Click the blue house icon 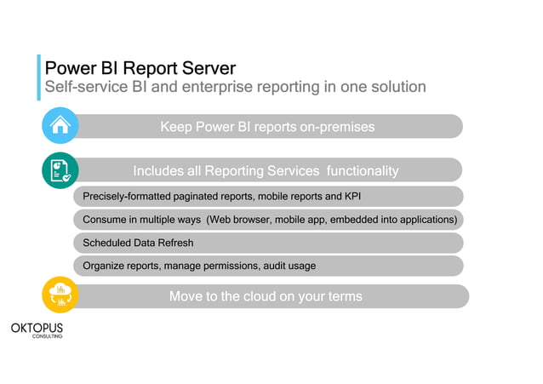click(60, 126)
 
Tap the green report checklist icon click(60, 170)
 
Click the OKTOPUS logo click(37, 327)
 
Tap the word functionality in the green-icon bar click(357, 171)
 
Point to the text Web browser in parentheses click(244, 220)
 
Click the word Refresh click(175, 243)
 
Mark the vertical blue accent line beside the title click(38, 77)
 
